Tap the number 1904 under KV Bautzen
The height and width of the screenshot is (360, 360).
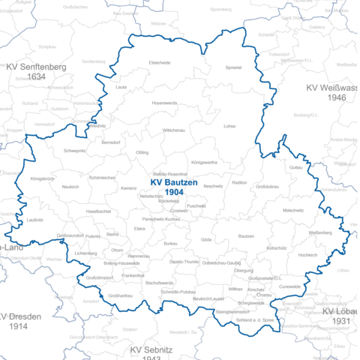[x=174, y=193]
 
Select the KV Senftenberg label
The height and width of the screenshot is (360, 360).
[x=36, y=66]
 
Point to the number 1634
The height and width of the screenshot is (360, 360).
[x=36, y=76]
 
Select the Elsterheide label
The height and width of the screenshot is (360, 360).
[x=160, y=63]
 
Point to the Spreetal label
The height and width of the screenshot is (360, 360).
[x=233, y=67]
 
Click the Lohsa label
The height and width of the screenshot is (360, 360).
[x=229, y=126]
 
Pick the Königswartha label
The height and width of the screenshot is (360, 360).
[x=204, y=162]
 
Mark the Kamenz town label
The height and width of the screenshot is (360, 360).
[x=128, y=188]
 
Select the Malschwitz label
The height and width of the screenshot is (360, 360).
[x=293, y=211]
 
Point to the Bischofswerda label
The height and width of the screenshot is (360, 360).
[x=160, y=283]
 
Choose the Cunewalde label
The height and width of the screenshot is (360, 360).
[x=289, y=286]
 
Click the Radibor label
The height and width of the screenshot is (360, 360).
[x=239, y=182]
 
